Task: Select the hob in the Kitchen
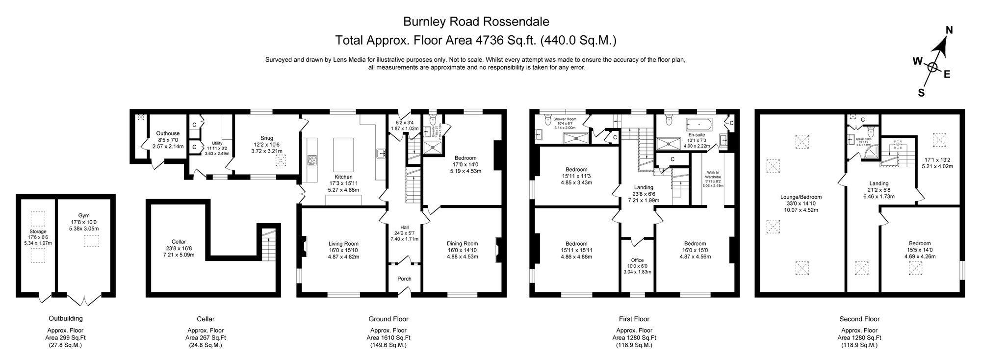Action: tap(312, 159)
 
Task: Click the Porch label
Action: tap(404, 279)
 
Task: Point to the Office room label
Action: tap(637, 260)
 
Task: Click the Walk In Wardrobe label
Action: tap(713, 176)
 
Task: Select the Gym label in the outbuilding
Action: tap(84, 215)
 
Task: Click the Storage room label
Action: tap(38, 231)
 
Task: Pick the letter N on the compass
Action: tap(949, 30)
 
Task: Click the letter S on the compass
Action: tap(921, 92)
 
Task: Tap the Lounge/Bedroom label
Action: tap(800, 197)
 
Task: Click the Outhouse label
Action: tap(168, 133)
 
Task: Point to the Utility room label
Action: tap(217, 143)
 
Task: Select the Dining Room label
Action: tap(462, 244)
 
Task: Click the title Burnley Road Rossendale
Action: tap(476, 22)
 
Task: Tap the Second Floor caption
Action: tap(859, 319)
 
